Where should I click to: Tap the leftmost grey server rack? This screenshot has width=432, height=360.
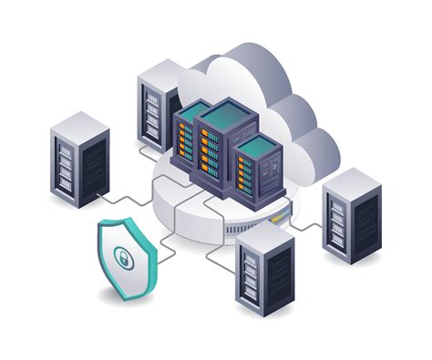(x=79, y=160)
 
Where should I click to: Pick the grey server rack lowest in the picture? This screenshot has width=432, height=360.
(x=264, y=270)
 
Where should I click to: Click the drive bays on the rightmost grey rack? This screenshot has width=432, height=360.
(x=338, y=223)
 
